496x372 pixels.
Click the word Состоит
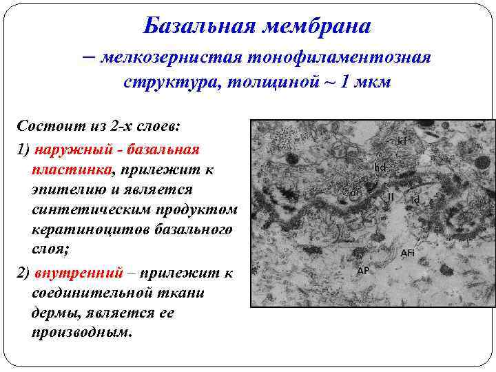coord(44,127)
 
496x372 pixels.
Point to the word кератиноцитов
coord(82,229)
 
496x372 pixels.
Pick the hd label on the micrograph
coord(380,167)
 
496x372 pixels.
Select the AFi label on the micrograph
coord(408,254)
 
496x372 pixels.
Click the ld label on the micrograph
coord(415,199)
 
